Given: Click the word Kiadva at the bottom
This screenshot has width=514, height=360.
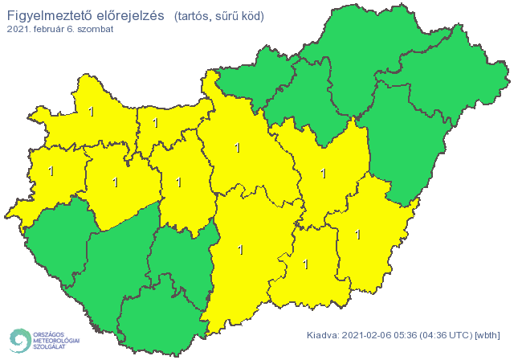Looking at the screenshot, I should tap(324, 335).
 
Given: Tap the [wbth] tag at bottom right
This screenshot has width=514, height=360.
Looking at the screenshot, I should tap(488, 335).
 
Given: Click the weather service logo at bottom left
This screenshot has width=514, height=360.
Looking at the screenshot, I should tap(44, 340).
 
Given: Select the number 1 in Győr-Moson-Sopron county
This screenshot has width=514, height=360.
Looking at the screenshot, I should tap(91, 112).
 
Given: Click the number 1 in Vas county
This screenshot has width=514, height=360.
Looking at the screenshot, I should tap(51, 171).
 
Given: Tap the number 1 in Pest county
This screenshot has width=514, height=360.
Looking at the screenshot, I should tap(237, 148).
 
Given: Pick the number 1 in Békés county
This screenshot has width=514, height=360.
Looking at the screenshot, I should tap(357, 235).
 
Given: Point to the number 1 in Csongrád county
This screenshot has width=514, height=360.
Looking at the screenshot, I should tap(305, 264).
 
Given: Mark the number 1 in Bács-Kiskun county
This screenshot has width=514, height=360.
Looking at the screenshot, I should tap(241, 250).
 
